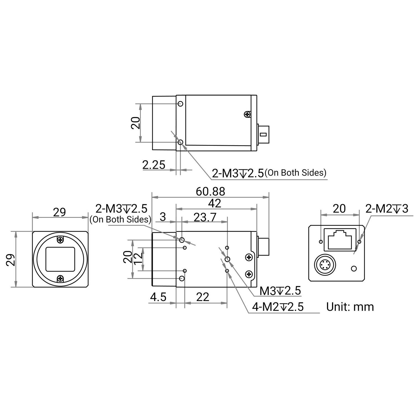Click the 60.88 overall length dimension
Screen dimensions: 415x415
click(210, 191)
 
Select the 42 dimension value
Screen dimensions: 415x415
click(215, 203)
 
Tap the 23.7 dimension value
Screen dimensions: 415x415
click(205, 217)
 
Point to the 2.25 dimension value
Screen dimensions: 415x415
click(154, 165)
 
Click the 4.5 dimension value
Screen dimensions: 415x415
click(158, 297)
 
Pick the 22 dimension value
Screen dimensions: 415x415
click(203, 297)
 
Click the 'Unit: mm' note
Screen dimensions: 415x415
click(350, 307)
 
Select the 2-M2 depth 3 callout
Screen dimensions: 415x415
click(387, 209)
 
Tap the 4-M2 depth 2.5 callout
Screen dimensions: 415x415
click(278, 307)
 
